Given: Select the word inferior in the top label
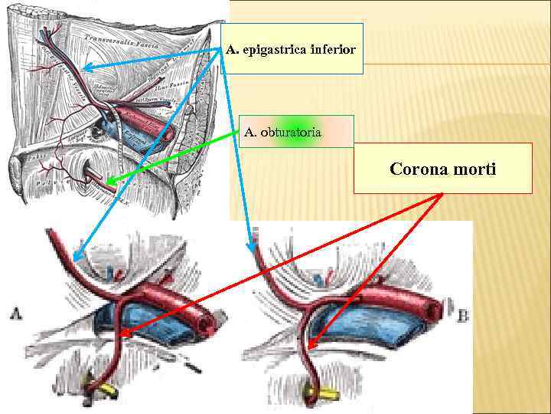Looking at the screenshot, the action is pyautogui.click(x=333, y=50).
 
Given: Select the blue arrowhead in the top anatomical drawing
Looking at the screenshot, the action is pyautogui.click(x=84, y=68).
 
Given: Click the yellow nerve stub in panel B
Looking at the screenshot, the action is pyautogui.click(x=321, y=396).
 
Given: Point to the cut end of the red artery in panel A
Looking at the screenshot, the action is pyautogui.click(x=206, y=324).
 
